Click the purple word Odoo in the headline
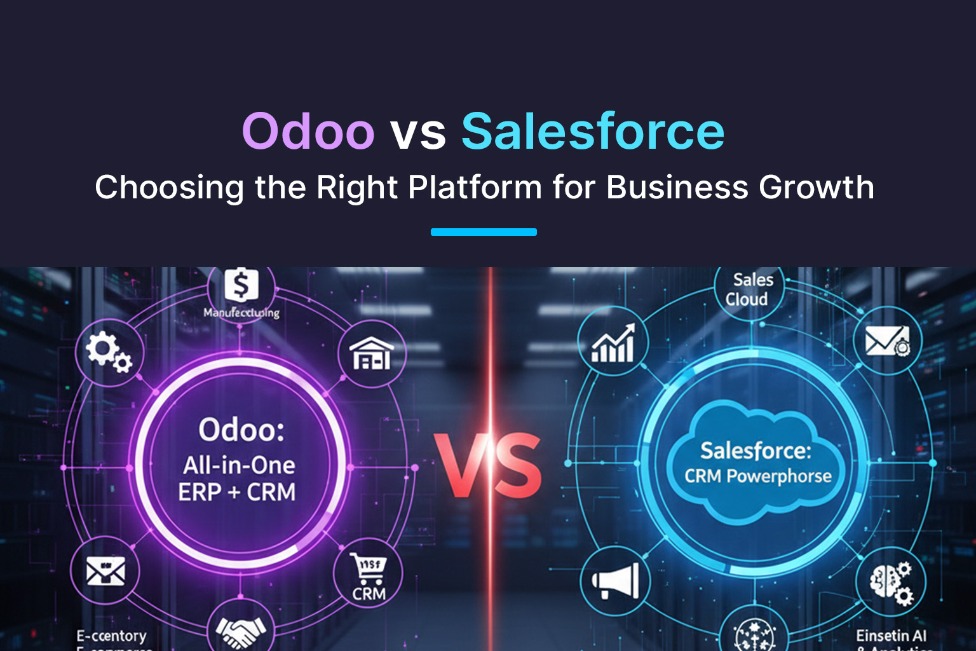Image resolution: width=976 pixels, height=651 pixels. click(x=308, y=132)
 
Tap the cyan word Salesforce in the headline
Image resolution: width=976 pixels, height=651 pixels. click(x=592, y=132)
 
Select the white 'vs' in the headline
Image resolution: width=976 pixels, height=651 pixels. click(x=417, y=134)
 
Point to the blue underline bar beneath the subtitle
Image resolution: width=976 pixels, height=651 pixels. click(x=484, y=232)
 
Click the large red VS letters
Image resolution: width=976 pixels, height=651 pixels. click(x=489, y=466)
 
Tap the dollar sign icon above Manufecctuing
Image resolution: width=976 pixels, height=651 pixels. click(x=241, y=286)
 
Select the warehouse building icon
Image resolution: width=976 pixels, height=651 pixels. click(x=372, y=353)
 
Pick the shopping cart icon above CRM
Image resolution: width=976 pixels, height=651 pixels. click(x=369, y=568)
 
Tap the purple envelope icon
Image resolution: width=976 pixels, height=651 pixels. click(x=105, y=570)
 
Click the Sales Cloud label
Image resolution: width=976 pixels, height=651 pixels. click(x=749, y=289)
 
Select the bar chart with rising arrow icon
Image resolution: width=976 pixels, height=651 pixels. click(x=613, y=343)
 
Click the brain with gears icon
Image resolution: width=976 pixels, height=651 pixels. click(x=891, y=582)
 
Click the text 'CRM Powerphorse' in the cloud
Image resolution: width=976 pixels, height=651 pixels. click(x=757, y=476)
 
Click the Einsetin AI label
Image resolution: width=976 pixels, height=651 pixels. click(x=891, y=636)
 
